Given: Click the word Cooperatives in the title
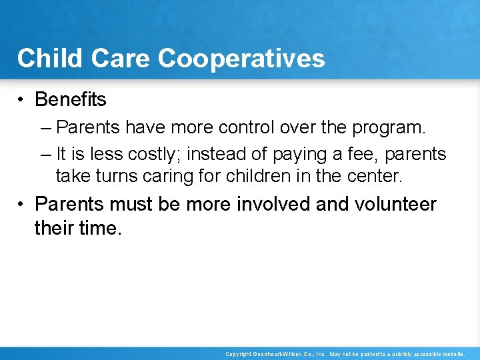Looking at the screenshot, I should [241, 59].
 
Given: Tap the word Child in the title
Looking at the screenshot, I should [44, 59].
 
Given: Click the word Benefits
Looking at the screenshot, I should [70, 99].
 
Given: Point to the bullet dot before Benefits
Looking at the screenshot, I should [22, 100].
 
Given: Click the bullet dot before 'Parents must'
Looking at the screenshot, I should [22, 204].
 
